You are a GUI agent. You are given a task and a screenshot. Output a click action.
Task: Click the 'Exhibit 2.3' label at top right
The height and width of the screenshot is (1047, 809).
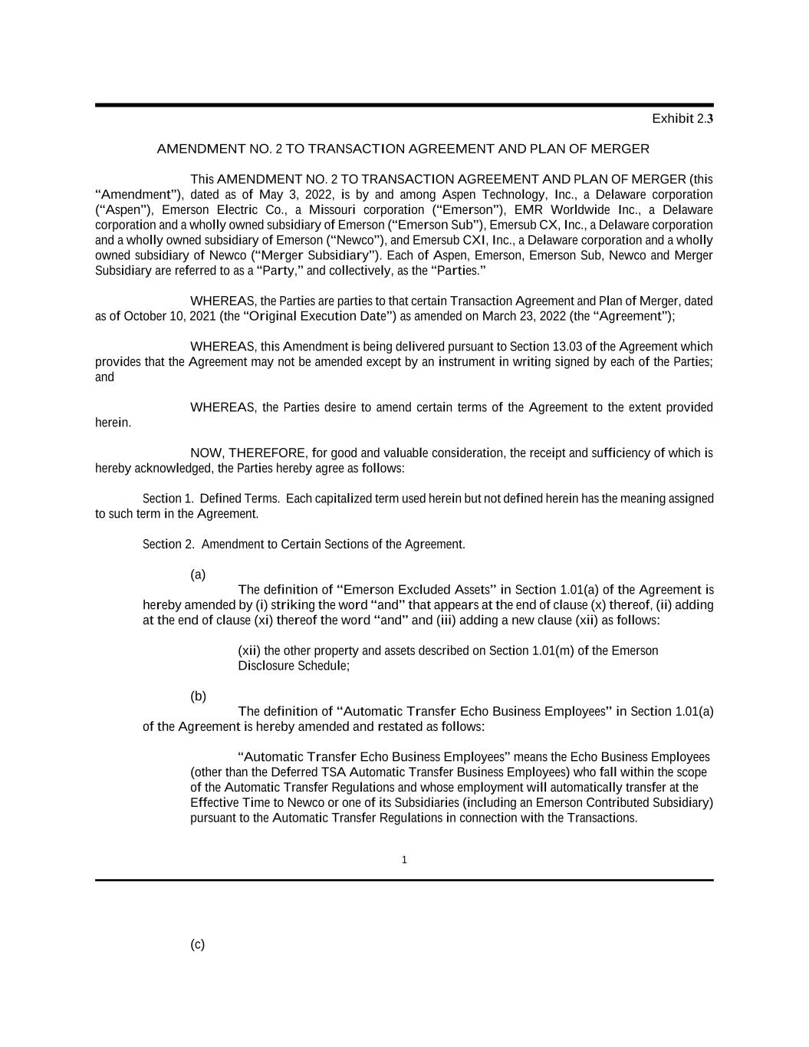pos(682,119)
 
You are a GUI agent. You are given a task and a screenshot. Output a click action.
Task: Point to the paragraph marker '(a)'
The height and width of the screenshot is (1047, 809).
pos(198,575)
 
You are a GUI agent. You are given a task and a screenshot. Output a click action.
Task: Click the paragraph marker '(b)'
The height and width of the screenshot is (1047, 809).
pos(198,696)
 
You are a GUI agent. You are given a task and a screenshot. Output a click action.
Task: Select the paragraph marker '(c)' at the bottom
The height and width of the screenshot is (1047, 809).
pos(198,945)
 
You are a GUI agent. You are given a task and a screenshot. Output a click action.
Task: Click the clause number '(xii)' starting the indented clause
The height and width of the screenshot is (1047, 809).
pos(249,651)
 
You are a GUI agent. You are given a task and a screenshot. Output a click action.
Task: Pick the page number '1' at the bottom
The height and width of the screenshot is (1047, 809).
pos(404,860)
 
